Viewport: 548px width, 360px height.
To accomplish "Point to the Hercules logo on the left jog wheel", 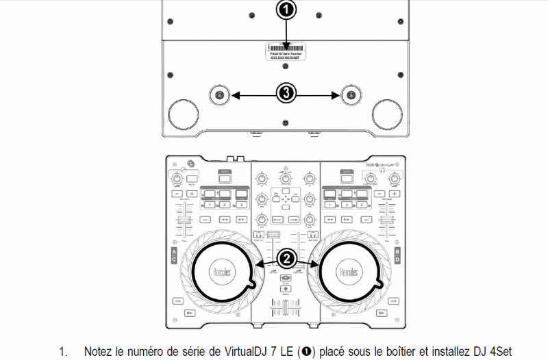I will (217, 272).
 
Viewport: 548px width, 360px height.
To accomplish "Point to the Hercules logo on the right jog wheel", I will (347, 272).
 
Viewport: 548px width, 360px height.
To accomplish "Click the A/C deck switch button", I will (173, 257).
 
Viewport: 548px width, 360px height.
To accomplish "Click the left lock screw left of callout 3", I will (219, 94).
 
